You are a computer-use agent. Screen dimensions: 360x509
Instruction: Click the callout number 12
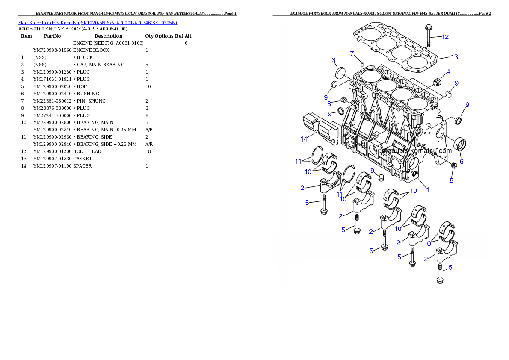coord(445,37)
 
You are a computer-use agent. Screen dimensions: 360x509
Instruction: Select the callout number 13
coord(454,57)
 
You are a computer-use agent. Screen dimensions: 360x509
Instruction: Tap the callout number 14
coord(304,139)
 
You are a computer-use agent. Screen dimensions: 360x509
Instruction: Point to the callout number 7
coord(352,54)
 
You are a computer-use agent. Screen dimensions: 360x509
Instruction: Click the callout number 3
coord(334,60)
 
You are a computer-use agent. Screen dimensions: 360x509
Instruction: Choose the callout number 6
coord(462,162)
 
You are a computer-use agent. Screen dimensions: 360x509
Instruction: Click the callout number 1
coord(427,189)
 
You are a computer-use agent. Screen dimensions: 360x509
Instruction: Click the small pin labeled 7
coord(362,65)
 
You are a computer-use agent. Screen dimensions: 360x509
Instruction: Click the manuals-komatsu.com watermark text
coord(417,150)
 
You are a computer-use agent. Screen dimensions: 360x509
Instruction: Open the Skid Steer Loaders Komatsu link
coord(98,23)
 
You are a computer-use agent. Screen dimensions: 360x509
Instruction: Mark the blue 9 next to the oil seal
coord(467,105)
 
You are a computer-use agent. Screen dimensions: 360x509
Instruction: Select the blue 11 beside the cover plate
coord(298,161)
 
